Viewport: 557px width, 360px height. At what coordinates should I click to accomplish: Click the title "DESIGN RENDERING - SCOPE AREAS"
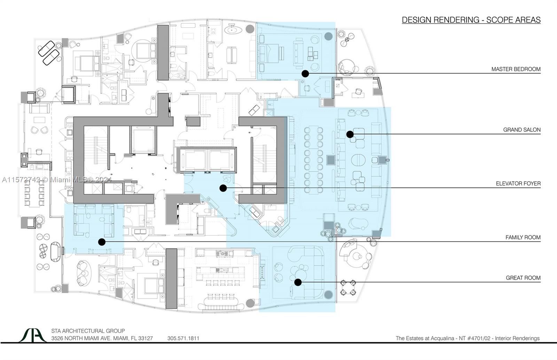471,20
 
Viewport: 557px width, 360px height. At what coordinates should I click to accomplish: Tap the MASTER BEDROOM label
516,69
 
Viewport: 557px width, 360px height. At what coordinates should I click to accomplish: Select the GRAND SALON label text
522,130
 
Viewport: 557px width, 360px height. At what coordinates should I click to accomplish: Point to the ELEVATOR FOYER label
518,183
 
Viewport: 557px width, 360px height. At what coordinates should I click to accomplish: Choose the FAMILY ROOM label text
523,237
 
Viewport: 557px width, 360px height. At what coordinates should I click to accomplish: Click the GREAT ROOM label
523,278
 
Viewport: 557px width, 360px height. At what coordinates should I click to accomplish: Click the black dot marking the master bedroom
305,73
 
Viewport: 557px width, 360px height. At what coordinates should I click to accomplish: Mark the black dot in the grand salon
350,134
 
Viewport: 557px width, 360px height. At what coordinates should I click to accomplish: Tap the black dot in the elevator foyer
223,188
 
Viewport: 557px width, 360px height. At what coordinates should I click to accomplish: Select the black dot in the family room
102,242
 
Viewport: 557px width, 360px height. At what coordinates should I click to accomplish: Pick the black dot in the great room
298,282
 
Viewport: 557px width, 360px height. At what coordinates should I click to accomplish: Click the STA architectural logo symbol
33,335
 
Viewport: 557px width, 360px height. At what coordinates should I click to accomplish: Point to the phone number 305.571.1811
183,338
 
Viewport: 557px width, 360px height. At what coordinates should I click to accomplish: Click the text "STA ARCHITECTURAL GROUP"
88,331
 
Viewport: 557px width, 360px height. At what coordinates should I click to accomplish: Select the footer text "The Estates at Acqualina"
425,338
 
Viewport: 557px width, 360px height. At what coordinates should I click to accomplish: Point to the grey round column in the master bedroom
329,36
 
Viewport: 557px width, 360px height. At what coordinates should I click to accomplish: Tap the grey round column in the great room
329,295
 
